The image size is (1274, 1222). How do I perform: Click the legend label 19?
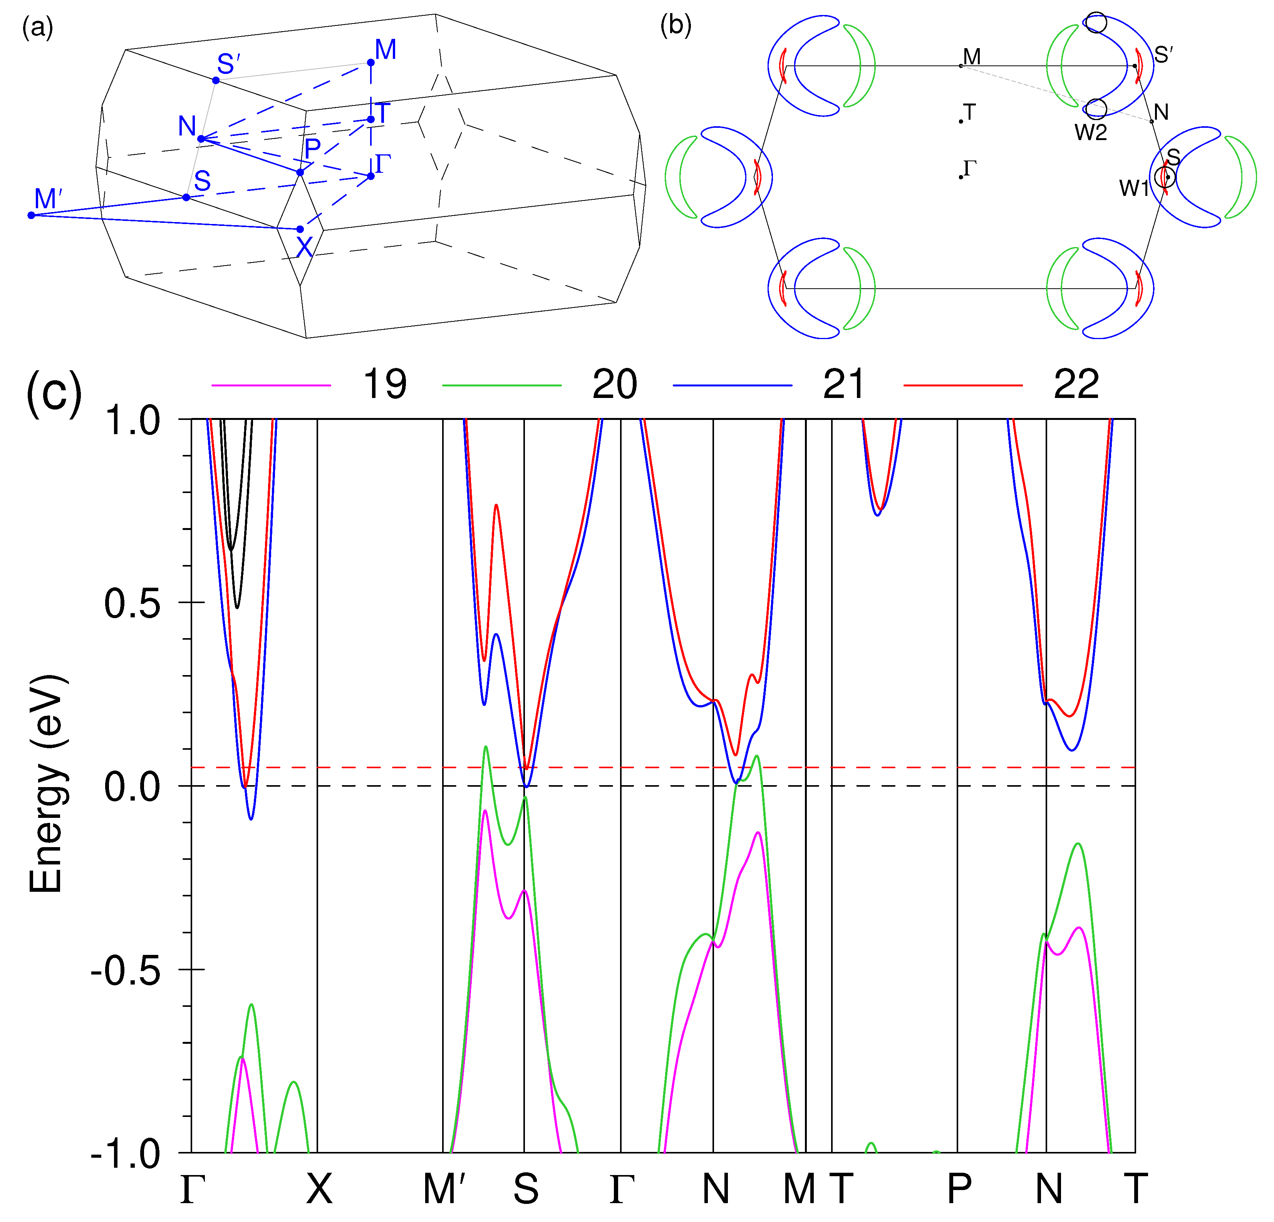pos(385,384)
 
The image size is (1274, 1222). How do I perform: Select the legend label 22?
pos(1076,384)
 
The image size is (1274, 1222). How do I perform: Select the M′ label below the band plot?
pos(444,1189)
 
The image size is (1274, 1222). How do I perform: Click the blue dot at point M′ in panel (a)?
pos(31,215)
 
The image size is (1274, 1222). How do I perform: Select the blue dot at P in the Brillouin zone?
pos(300,172)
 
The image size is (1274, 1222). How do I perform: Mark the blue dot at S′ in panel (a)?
pos(216,80)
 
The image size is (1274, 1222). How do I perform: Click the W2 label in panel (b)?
pos(1090,132)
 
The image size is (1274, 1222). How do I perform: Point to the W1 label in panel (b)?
pos(1133,189)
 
